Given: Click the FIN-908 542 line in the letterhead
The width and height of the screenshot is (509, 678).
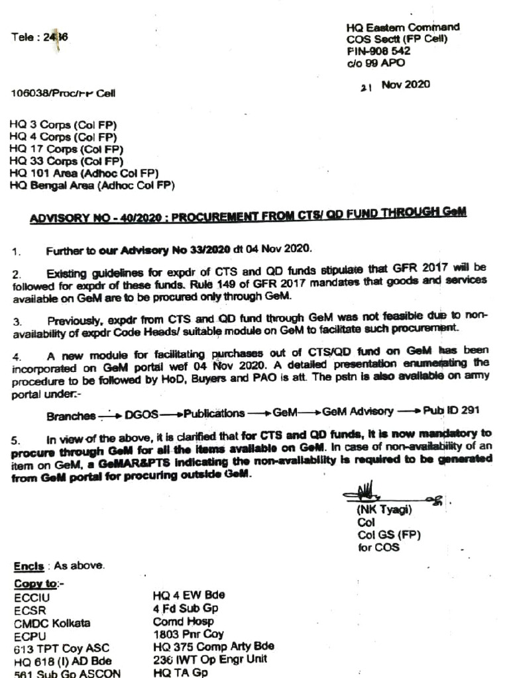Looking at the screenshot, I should coord(378,51).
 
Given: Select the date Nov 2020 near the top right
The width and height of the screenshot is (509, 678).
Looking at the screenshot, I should coord(405,85).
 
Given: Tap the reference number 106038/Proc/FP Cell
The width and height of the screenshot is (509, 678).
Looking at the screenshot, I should coord(63,93).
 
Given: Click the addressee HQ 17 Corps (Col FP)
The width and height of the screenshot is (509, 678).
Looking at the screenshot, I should coord(66,150).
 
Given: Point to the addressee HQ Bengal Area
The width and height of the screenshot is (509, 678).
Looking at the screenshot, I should coord(92,186).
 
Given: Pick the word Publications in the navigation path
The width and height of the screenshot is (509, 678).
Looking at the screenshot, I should coord(214,413).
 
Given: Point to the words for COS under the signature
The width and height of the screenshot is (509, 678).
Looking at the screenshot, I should coord(378,548).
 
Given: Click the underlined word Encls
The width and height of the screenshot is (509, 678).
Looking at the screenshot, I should coord(29,567).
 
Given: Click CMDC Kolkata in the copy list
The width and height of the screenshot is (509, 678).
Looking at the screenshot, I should coord(52,623).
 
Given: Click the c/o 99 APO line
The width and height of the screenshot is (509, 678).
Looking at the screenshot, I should coord(376,64).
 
